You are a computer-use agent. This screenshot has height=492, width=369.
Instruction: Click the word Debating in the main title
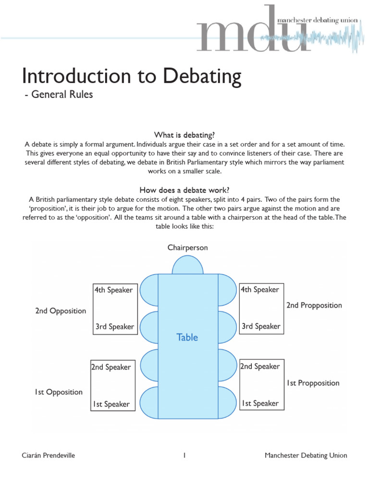(x=202, y=76)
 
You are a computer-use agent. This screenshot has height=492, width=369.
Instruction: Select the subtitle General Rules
(x=62, y=95)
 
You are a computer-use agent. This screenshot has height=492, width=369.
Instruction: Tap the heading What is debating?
(x=184, y=135)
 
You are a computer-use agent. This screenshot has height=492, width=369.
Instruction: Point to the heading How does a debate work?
(x=184, y=190)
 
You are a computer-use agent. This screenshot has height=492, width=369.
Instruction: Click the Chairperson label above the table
(x=188, y=247)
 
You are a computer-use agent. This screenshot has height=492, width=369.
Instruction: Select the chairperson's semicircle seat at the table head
(x=188, y=265)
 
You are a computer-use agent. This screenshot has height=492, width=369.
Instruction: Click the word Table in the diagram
(x=187, y=337)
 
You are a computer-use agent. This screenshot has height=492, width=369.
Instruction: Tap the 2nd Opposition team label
(x=61, y=311)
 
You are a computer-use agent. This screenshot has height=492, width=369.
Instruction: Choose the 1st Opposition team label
(x=59, y=392)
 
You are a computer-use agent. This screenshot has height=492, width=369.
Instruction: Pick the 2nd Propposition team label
(x=314, y=305)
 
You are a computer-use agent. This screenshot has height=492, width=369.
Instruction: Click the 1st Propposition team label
(x=313, y=383)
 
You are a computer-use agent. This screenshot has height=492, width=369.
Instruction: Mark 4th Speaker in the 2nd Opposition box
(x=113, y=290)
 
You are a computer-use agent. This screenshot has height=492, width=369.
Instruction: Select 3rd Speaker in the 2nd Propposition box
(x=261, y=326)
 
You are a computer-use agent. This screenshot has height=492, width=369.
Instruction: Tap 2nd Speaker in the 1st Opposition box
(x=111, y=367)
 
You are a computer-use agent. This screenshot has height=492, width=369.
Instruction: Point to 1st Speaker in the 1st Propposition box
(x=260, y=403)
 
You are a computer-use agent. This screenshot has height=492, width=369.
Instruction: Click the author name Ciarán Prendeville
(x=49, y=455)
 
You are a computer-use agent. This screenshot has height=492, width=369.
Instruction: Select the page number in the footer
(x=184, y=455)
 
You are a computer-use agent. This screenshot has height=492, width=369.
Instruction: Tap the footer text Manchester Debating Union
(x=306, y=455)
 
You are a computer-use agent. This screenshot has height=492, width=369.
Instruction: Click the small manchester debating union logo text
(x=318, y=20)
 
